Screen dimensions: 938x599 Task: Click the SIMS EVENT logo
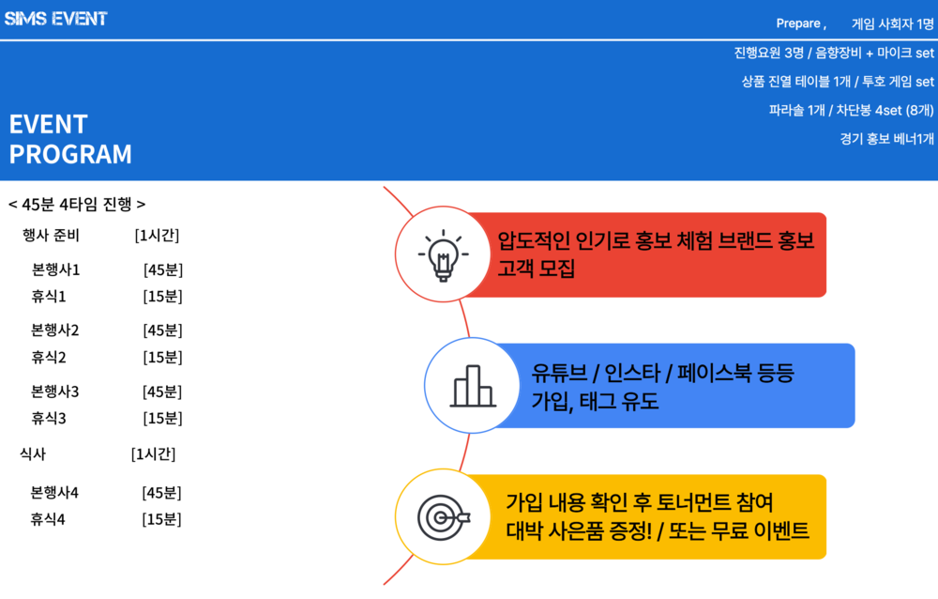point(55,19)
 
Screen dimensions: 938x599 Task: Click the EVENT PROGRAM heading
point(70,139)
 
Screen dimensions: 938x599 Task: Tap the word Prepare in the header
point(798,24)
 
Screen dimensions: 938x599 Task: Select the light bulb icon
point(444,255)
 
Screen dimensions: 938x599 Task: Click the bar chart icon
point(473,386)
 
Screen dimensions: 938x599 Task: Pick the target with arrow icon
point(444,517)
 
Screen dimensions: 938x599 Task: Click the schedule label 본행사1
point(55,270)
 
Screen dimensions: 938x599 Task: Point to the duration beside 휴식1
point(162,297)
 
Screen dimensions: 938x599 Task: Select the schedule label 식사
point(33,454)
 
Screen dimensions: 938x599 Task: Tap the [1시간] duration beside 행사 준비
point(157,236)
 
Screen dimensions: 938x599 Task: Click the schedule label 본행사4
point(54,493)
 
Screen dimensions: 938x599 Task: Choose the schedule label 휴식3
point(49,418)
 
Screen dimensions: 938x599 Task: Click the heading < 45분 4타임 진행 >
point(77,205)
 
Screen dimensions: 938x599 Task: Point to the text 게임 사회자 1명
point(893,24)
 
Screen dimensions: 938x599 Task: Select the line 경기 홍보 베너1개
point(886,139)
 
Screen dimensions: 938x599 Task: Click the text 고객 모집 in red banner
point(536,269)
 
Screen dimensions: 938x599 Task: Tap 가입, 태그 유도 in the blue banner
point(595,401)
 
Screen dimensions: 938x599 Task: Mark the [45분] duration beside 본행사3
point(162,392)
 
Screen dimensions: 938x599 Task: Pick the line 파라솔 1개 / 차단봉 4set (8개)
point(852,110)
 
